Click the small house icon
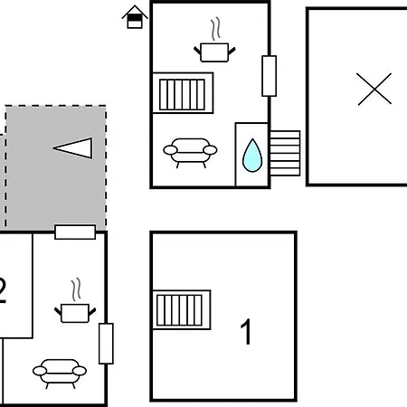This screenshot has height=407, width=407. (x=135, y=17)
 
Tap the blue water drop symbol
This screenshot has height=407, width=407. (x=252, y=156)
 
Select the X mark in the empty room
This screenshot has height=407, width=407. (x=374, y=89)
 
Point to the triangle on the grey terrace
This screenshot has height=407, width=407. (x=73, y=148)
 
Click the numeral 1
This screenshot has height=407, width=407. (x=246, y=331)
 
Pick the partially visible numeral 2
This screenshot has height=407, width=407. (x=3, y=290)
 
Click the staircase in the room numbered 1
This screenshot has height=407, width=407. (x=182, y=310)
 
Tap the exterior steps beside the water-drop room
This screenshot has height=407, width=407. (x=285, y=153)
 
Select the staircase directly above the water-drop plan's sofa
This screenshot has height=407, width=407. (x=183, y=93)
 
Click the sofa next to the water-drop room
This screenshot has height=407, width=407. (x=190, y=153)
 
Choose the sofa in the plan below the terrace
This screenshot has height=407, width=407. (x=60, y=374)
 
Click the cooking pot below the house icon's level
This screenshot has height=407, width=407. (x=214, y=52)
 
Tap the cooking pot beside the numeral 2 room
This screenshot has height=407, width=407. (x=75, y=313)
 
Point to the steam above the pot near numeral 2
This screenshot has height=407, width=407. (x=76, y=289)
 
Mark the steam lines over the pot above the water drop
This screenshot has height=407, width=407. (x=215, y=29)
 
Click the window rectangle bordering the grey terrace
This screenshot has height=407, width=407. (x=75, y=232)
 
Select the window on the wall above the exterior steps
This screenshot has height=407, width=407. (x=270, y=76)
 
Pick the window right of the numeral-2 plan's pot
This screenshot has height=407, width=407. (x=106, y=344)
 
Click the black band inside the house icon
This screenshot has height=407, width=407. (x=135, y=18)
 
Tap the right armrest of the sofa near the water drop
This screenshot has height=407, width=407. (x=210, y=150)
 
